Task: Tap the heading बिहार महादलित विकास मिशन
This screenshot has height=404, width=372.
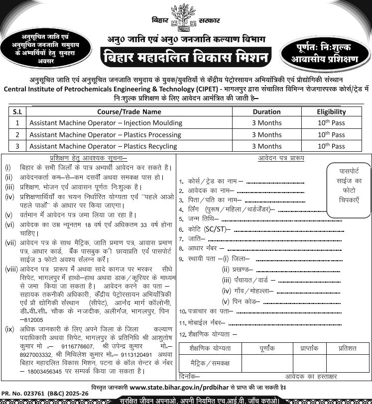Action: [186, 57]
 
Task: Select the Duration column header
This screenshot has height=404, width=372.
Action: [266, 112]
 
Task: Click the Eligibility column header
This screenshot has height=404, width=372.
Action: [331, 112]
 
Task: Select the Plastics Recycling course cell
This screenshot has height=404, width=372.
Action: [103, 146]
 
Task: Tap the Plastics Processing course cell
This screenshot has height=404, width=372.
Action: [106, 135]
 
